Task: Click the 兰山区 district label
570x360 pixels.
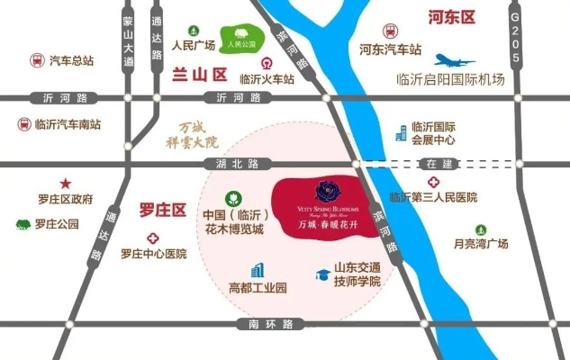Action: tap(197, 76)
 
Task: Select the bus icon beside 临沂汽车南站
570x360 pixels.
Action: tap(23, 124)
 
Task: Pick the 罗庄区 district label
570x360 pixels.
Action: tap(162, 211)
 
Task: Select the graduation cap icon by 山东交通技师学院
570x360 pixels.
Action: tap(321, 274)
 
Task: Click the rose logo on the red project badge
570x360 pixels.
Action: tap(324, 191)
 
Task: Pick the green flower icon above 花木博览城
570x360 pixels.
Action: tap(232, 198)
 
